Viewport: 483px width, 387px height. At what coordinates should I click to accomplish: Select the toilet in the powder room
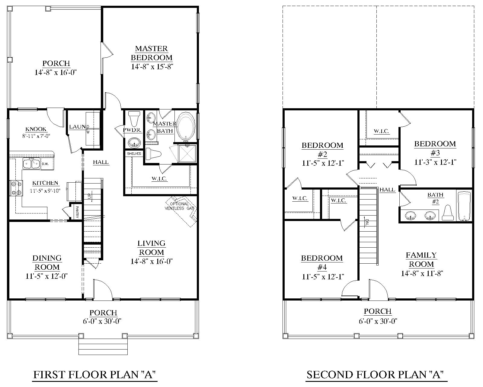point(134,118)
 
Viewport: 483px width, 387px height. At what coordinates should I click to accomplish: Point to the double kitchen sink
point(32,164)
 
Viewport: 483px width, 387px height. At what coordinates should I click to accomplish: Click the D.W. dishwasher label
point(45,164)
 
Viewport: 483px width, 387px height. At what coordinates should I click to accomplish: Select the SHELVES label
point(134,154)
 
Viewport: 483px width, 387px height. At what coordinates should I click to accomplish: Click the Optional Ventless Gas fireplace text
point(180,206)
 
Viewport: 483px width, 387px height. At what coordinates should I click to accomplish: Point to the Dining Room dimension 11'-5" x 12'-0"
point(46,276)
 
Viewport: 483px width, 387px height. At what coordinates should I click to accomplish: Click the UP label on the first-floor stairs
point(89,196)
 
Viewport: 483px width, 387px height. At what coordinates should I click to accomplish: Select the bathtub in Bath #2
point(464,206)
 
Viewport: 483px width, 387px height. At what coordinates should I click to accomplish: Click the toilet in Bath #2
point(448,213)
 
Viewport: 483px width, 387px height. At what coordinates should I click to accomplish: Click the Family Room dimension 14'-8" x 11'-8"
point(422,273)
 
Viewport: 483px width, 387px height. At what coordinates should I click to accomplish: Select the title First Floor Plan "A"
point(94,375)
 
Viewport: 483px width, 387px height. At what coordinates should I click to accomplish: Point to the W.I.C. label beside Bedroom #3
point(381,131)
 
